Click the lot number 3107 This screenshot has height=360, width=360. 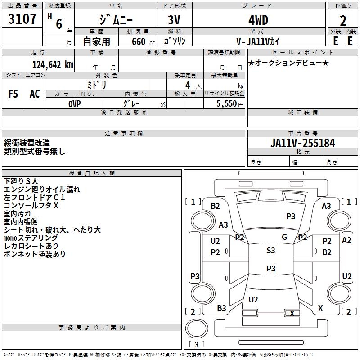(23, 20)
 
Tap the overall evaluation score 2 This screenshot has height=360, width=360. (343, 21)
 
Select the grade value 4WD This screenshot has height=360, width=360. (258, 21)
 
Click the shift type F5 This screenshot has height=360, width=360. (13, 94)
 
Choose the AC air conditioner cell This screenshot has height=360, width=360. (35, 94)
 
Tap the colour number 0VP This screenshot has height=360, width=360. (75, 103)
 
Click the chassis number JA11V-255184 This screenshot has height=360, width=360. (303, 143)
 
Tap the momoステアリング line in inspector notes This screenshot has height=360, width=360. (31, 238)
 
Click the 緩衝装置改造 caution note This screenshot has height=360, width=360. (27, 143)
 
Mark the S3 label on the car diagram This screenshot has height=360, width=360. (271, 251)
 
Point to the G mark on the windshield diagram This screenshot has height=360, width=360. (284, 237)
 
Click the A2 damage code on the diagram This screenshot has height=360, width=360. (346, 240)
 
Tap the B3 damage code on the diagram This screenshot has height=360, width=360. (221, 308)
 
